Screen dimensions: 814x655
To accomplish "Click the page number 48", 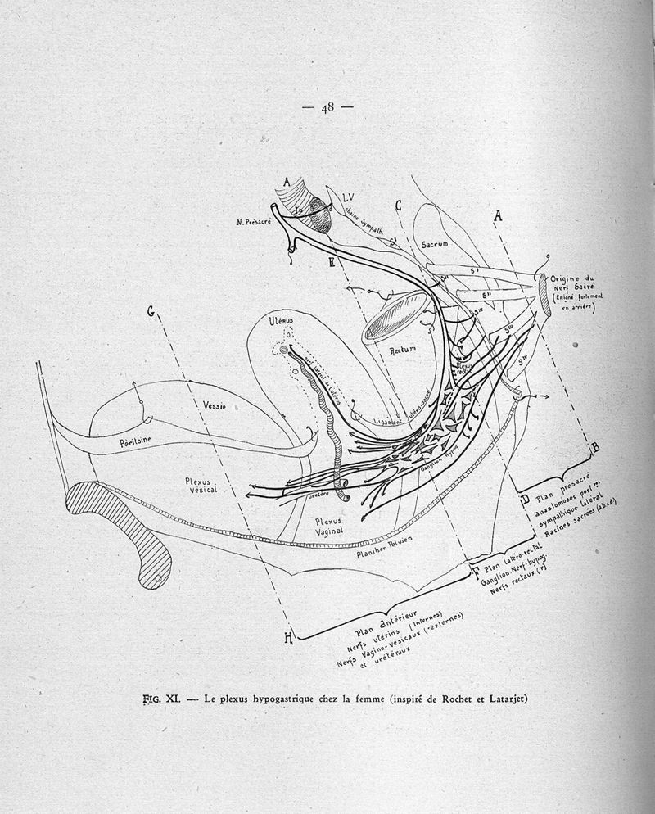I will click(327, 106).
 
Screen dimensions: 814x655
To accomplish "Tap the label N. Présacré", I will click(254, 222).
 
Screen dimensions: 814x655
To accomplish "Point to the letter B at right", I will click(595, 447).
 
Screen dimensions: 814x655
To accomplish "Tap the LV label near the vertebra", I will click(348, 197).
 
